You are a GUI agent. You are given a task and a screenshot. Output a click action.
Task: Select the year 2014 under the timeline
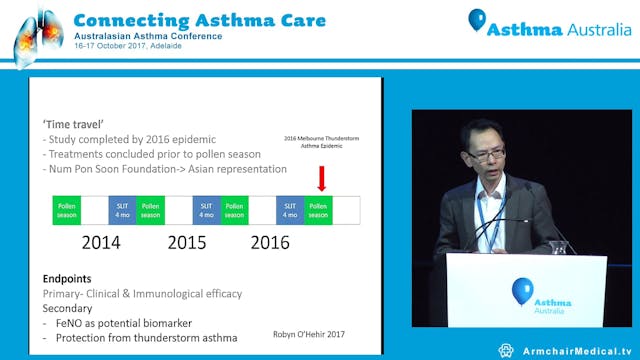tap(101, 242)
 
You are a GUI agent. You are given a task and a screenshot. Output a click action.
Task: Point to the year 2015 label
tap(186, 242)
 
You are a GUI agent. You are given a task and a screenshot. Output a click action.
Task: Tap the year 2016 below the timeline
tap(269, 242)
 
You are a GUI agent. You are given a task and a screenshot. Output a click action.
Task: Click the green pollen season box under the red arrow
tap(319, 209)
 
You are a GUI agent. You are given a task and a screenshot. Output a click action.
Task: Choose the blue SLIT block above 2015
tap(207, 209)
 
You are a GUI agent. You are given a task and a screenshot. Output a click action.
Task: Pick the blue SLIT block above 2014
tap(123, 209)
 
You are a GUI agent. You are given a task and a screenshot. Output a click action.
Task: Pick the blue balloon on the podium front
tap(522, 291)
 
